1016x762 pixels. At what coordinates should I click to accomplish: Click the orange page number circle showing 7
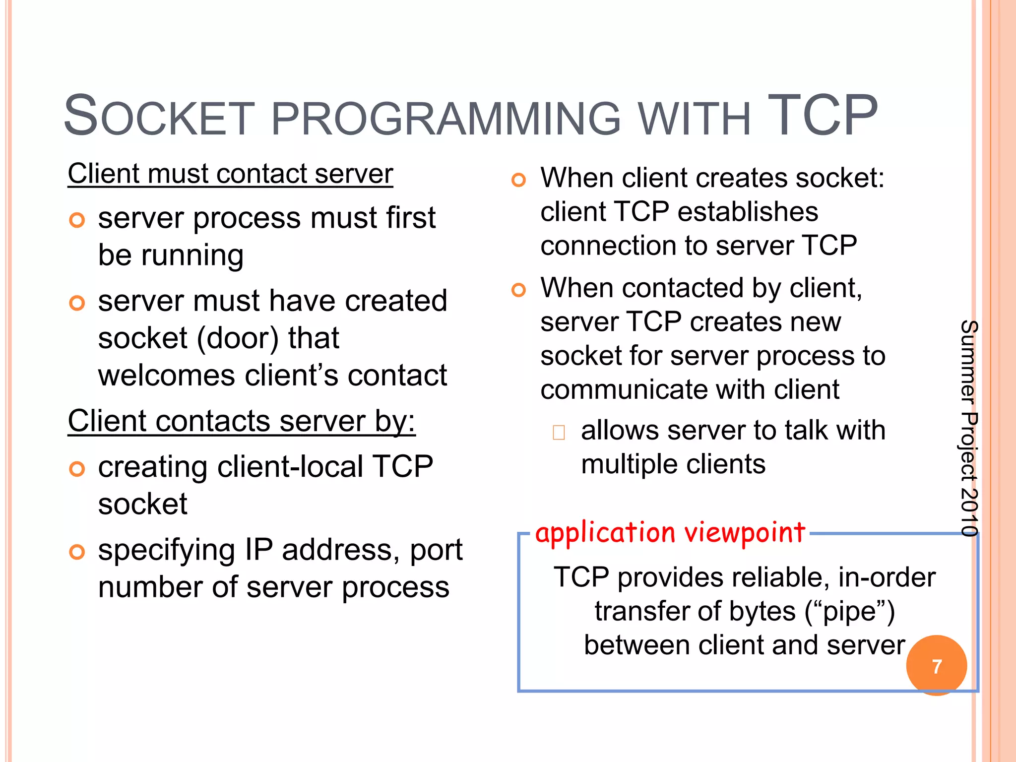point(936,666)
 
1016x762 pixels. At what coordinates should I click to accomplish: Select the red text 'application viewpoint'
point(670,533)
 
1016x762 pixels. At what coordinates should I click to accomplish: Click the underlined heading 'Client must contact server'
point(230,174)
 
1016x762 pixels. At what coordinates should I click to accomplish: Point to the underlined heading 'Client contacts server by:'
point(241,421)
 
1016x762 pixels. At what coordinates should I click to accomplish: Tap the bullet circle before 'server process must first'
point(77,220)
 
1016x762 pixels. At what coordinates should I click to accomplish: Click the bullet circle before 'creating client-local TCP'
point(77,469)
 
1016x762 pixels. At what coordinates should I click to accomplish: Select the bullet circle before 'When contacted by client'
point(518,290)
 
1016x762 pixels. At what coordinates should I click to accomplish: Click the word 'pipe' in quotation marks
point(849,612)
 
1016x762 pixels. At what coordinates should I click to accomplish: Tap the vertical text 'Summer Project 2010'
point(968,428)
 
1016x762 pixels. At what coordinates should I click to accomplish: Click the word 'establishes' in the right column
point(748,212)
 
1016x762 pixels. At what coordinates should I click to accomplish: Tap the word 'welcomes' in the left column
point(166,376)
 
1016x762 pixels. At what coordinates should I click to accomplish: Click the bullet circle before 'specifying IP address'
point(77,552)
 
